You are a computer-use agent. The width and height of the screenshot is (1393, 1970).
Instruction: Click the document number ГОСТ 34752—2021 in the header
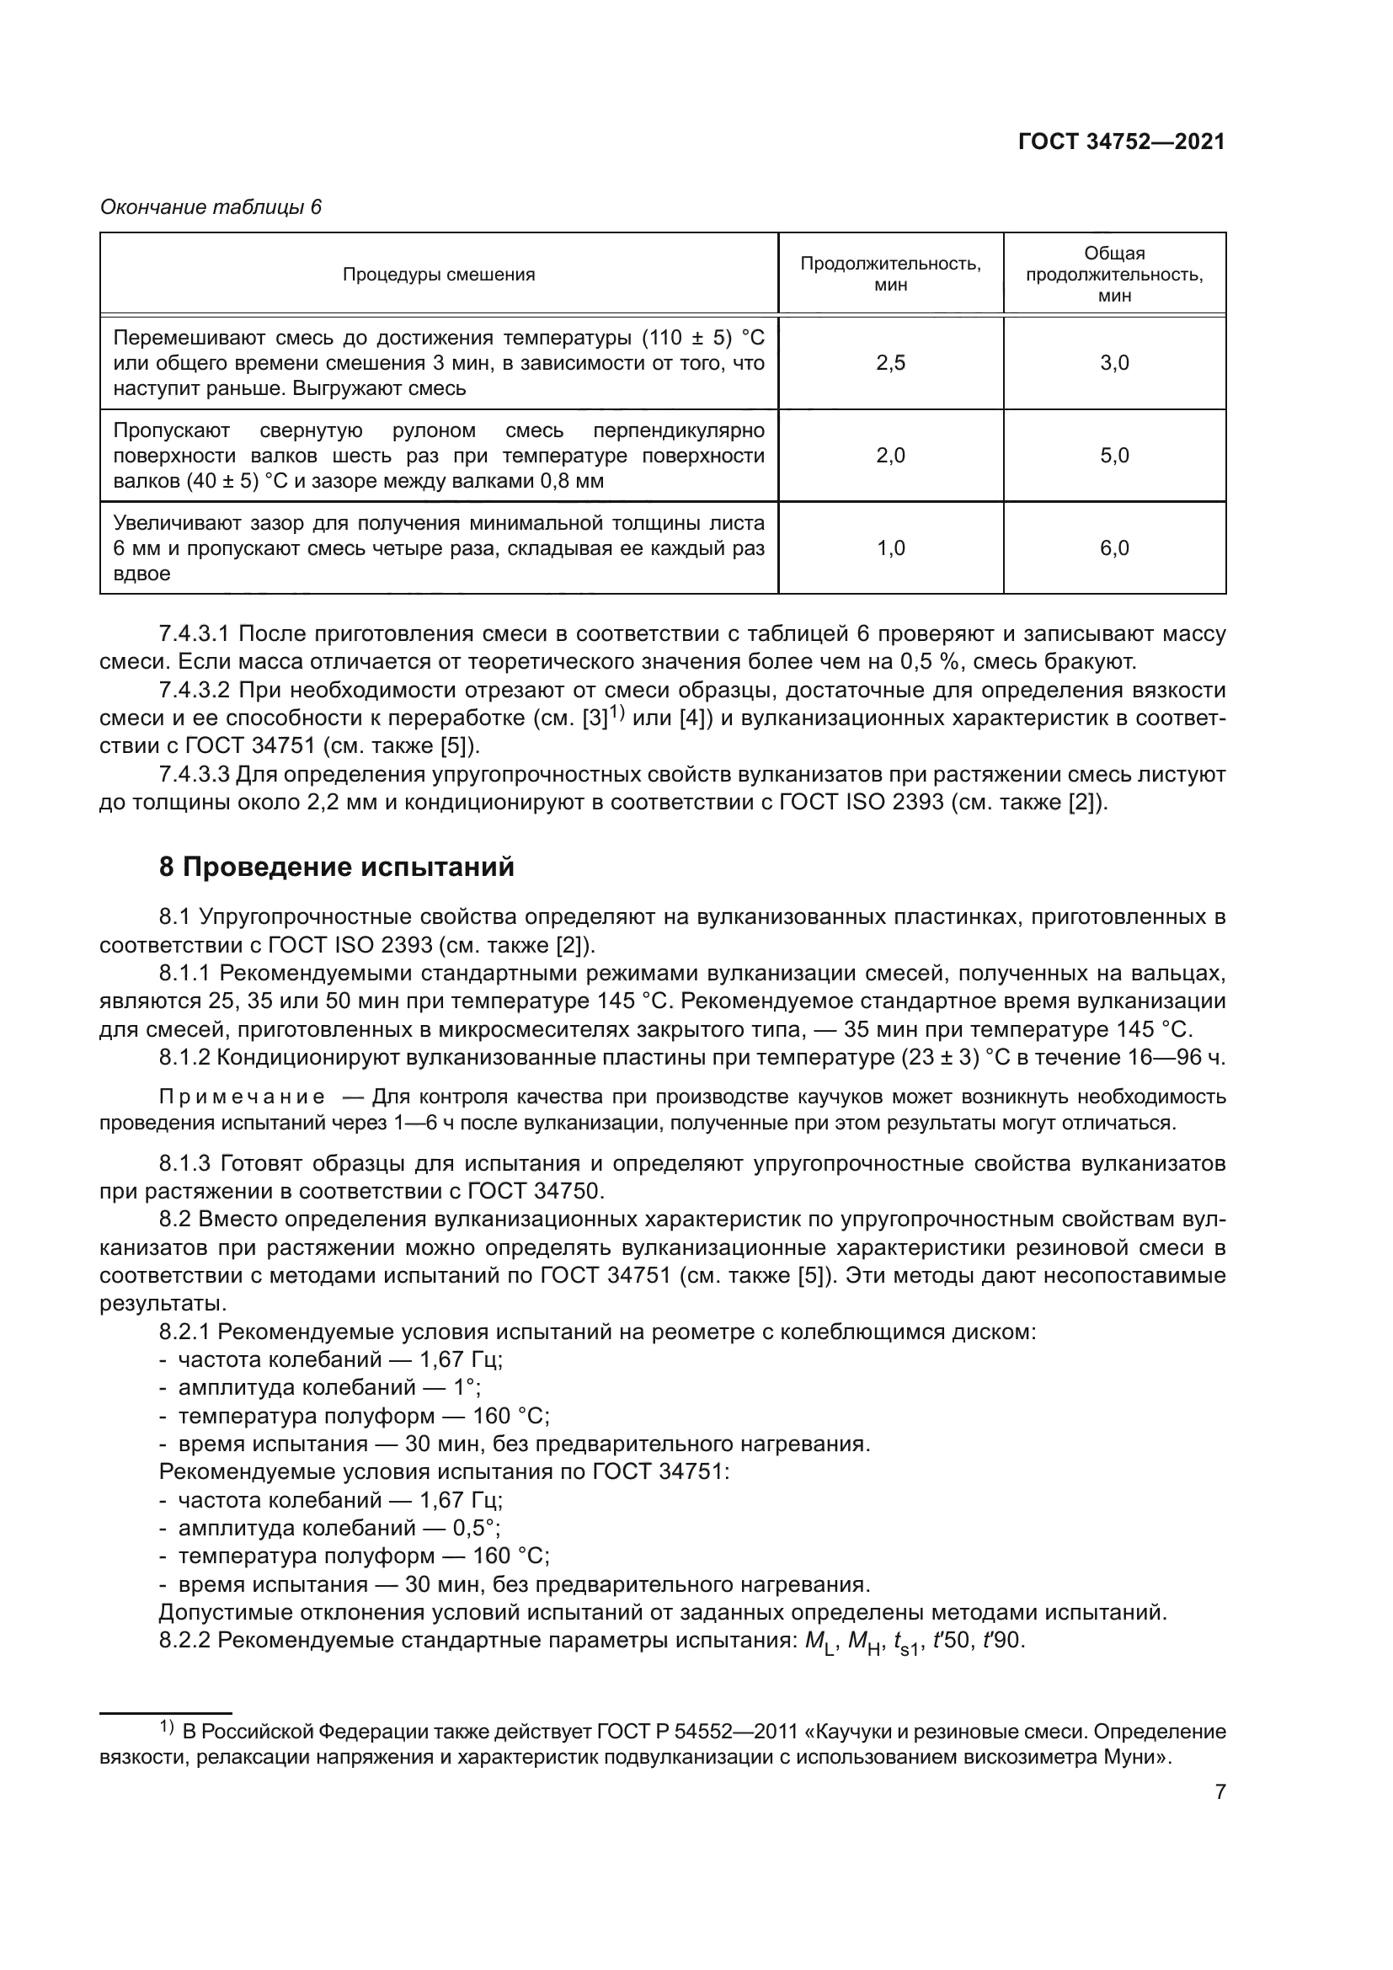pos(1121,142)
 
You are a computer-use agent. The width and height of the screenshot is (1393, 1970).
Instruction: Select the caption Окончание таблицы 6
pos(211,208)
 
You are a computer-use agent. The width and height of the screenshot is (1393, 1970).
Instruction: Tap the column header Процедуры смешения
pos(438,275)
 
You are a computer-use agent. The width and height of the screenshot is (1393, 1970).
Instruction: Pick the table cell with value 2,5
pos(890,363)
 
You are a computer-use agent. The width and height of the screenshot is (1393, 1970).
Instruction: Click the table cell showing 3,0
pos(1114,363)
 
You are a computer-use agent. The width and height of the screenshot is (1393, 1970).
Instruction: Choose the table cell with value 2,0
pos(890,456)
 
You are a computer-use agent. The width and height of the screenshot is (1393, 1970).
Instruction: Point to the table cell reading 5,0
pos(1114,456)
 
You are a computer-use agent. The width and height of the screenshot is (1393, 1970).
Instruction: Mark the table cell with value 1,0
pos(890,548)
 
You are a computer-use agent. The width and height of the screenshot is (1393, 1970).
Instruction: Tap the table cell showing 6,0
pos(1114,548)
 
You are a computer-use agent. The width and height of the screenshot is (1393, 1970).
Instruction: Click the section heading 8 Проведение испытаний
pos(336,868)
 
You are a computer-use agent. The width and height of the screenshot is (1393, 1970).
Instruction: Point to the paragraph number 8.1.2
pos(184,1058)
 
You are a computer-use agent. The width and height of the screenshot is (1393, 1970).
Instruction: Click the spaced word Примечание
pos(243,1097)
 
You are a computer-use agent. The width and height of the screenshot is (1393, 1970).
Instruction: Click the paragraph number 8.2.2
pos(184,1642)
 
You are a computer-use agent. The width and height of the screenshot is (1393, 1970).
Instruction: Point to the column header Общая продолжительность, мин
pos(1114,275)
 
